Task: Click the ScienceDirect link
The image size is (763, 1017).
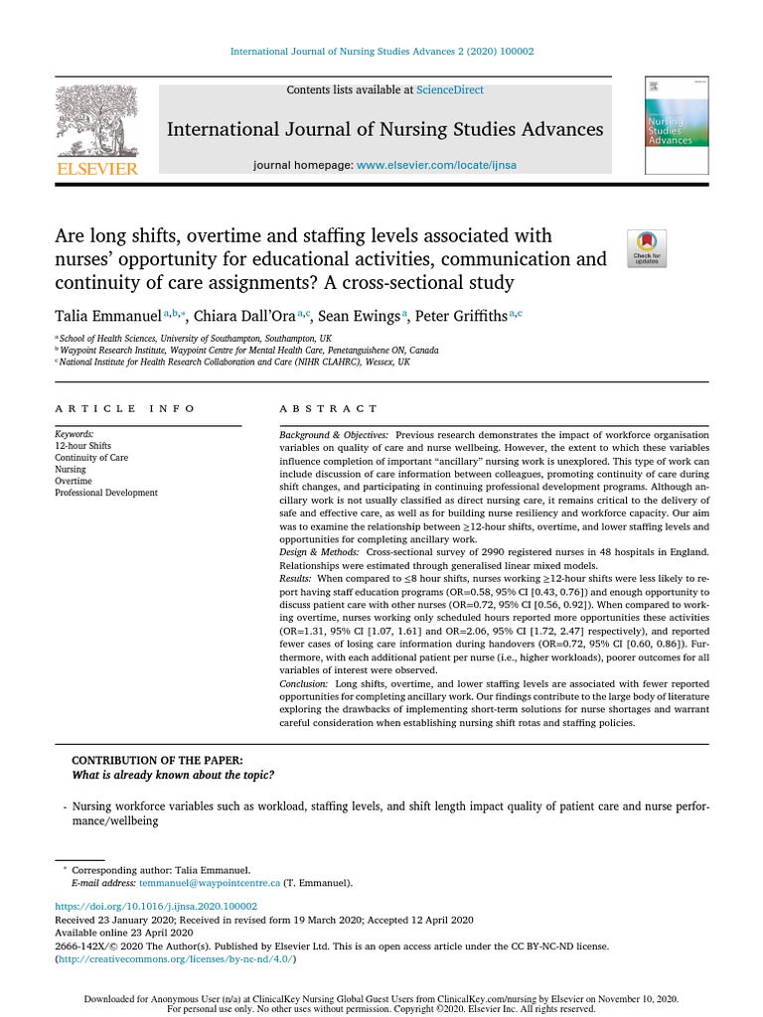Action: pos(450,90)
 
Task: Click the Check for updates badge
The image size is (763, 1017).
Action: pos(647,248)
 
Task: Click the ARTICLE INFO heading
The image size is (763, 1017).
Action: pos(125,409)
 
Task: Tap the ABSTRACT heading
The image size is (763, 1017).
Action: pos(328,409)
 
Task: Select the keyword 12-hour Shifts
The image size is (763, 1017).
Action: pos(82,446)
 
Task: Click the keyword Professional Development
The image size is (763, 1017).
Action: pos(105,493)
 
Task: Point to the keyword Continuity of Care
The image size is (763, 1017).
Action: pos(91,458)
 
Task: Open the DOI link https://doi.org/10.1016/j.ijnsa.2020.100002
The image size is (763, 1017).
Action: pos(156,907)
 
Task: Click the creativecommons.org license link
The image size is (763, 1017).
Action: pos(175,959)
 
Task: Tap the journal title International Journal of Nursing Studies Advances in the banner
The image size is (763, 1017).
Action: pos(384,129)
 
